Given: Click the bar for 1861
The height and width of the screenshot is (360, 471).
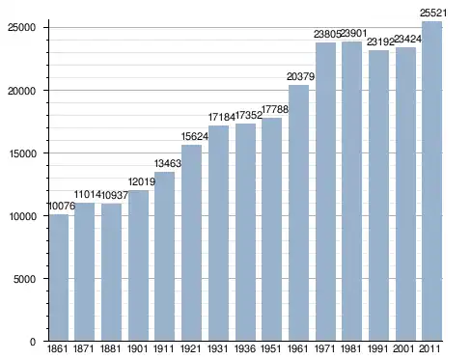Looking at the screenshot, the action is pyautogui.click(x=59, y=278).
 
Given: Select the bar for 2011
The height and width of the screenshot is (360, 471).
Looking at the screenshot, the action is pyautogui.click(x=431, y=181).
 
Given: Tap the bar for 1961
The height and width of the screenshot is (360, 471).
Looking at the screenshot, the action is pyautogui.click(x=298, y=213).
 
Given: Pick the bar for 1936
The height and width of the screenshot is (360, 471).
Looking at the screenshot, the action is pyautogui.click(x=245, y=233).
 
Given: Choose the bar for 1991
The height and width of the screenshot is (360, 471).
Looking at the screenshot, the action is pyautogui.click(x=378, y=196).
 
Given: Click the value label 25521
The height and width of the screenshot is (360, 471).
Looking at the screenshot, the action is pyautogui.click(x=433, y=13).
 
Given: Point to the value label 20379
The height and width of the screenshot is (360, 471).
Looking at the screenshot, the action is pyautogui.click(x=300, y=76).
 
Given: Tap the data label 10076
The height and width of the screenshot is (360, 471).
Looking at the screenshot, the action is pyautogui.click(x=62, y=206).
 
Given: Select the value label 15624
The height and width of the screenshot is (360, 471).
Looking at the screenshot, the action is pyautogui.click(x=195, y=136).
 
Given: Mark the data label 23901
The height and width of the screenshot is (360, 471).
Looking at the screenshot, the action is pyautogui.click(x=353, y=33).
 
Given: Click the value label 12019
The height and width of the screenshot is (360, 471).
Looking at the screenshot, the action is pyautogui.click(x=142, y=181).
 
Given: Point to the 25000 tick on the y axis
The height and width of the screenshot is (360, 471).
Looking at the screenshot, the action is pyautogui.click(x=21, y=27).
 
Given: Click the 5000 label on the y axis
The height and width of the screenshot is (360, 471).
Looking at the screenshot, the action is pyautogui.click(x=24, y=279).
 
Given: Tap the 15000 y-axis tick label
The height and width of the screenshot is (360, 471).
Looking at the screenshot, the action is pyautogui.click(x=21, y=153).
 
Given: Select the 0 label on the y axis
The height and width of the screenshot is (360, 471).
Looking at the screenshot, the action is pyautogui.click(x=33, y=342).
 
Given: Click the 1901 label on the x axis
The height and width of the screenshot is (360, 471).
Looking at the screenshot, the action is pyautogui.click(x=137, y=349).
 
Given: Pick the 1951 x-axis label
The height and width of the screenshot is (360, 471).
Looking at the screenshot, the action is pyautogui.click(x=270, y=349).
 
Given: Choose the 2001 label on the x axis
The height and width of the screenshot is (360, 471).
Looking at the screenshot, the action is pyautogui.click(x=403, y=349).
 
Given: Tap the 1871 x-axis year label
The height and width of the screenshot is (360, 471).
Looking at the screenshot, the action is pyautogui.click(x=84, y=349).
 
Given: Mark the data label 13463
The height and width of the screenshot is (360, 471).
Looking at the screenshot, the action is pyautogui.click(x=168, y=163).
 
